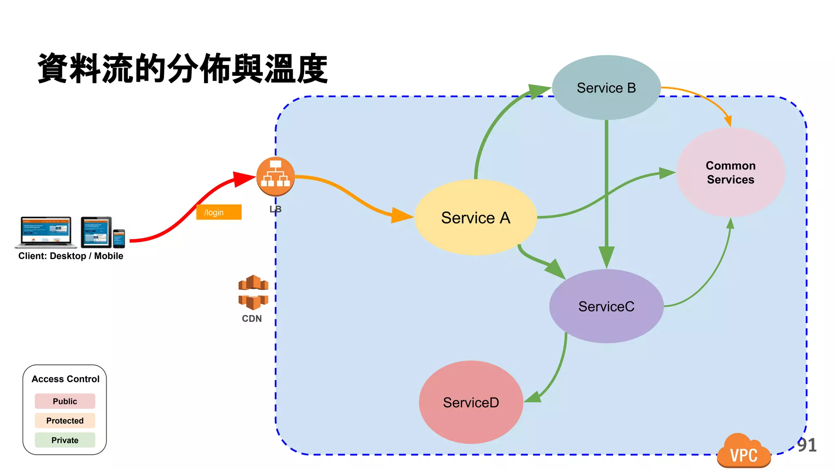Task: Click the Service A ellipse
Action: click(476, 217)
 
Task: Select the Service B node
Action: click(606, 88)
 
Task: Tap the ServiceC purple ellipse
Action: click(606, 306)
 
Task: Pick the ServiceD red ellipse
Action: click(471, 402)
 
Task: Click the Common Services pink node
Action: click(730, 172)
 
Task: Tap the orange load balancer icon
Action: click(276, 176)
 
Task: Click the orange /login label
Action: click(219, 212)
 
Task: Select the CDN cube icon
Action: click(253, 292)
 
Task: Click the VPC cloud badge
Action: click(744, 452)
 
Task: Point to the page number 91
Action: click(807, 445)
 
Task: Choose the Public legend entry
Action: click(65, 401)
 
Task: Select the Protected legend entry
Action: click(65, 421)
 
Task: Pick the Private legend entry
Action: click(65, 440)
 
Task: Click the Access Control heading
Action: click(65, 379)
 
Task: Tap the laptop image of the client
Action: click(46, 232)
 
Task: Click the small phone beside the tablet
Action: click(119, 239)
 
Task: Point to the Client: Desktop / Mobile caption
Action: click(71, 256)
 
